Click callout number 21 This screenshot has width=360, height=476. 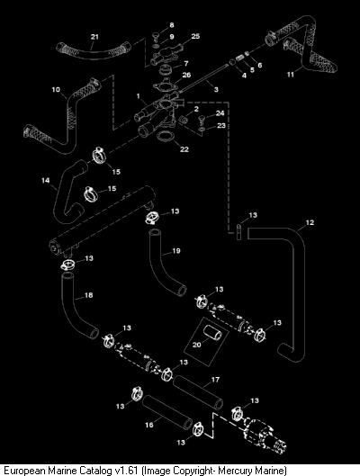coord(94,37)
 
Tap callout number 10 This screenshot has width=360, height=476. coord(56,90)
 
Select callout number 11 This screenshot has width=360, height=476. coord(291,75)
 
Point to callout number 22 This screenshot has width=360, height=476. coord(184,149)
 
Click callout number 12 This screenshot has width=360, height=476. coord(310,222)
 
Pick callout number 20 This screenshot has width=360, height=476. coord(197,345)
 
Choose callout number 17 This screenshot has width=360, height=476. coord(215,380)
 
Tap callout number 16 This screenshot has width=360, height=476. coord(149,425)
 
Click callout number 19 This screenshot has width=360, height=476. coord(176,251)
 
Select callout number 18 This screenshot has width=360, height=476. coord(88,295)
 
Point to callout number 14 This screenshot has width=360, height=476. coord(46,181)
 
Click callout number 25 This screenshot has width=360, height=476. coord(195,36)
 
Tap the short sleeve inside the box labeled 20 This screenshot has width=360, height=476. coord(212,333)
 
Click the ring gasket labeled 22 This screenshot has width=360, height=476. coord(166,136)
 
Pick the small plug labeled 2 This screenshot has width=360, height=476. coord(184,120)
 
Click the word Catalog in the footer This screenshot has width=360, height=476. coord(95,471)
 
